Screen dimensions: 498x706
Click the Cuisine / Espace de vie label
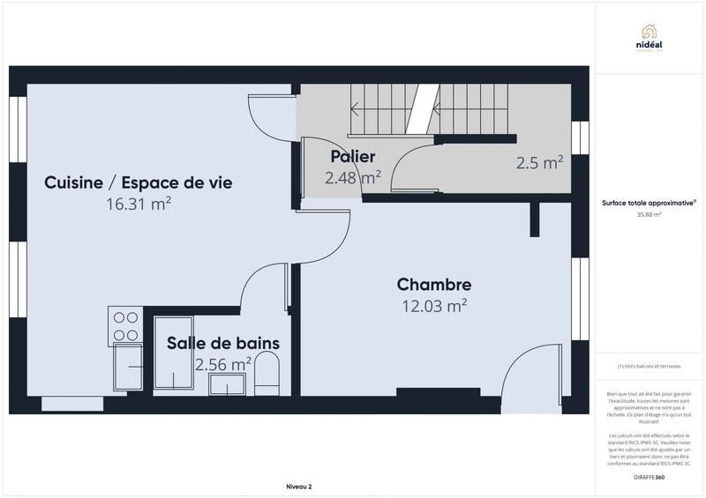pyautogui.click(x=139, y=182)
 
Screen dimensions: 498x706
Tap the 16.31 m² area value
pyautogui.click(x=138, y=204)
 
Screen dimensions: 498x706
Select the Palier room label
pyautogui.click(x=353, y=156)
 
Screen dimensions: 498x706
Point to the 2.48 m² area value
pyautogui.click(x=352, y=176)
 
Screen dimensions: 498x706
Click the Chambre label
pyautogui.click(x=433, y=285)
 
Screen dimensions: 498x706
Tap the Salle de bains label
pyautogui.click(x=224, y=343)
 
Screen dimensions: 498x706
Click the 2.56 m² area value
pyautogui.click(x=223, y=363)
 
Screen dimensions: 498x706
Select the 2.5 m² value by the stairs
pyautogui.click(x=539, y=162)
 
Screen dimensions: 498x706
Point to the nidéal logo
pyautogui.click(x=651, y=37)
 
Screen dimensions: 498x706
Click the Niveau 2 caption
pyautogui.click(x=298, y=487)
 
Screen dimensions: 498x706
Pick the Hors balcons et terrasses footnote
pyautogui.click(x=650, y=366)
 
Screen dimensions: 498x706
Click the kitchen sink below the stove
pyautogui.click(x=129, y=366)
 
